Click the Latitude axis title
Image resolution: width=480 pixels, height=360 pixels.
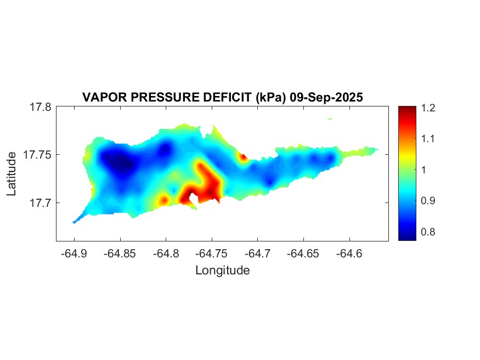click(x=12, y=174)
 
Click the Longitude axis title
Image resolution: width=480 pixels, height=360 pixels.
click(x=222, y=271)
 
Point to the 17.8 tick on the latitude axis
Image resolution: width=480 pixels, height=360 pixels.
click(x=41, y=107)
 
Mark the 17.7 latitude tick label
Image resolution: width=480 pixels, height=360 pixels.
click(x=41, y=203)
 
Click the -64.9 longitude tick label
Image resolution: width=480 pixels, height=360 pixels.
click(x=74, y=254)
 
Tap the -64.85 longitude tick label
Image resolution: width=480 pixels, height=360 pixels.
click(x=120, y=254)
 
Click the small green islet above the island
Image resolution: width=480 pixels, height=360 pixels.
click(x=330, y=119)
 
